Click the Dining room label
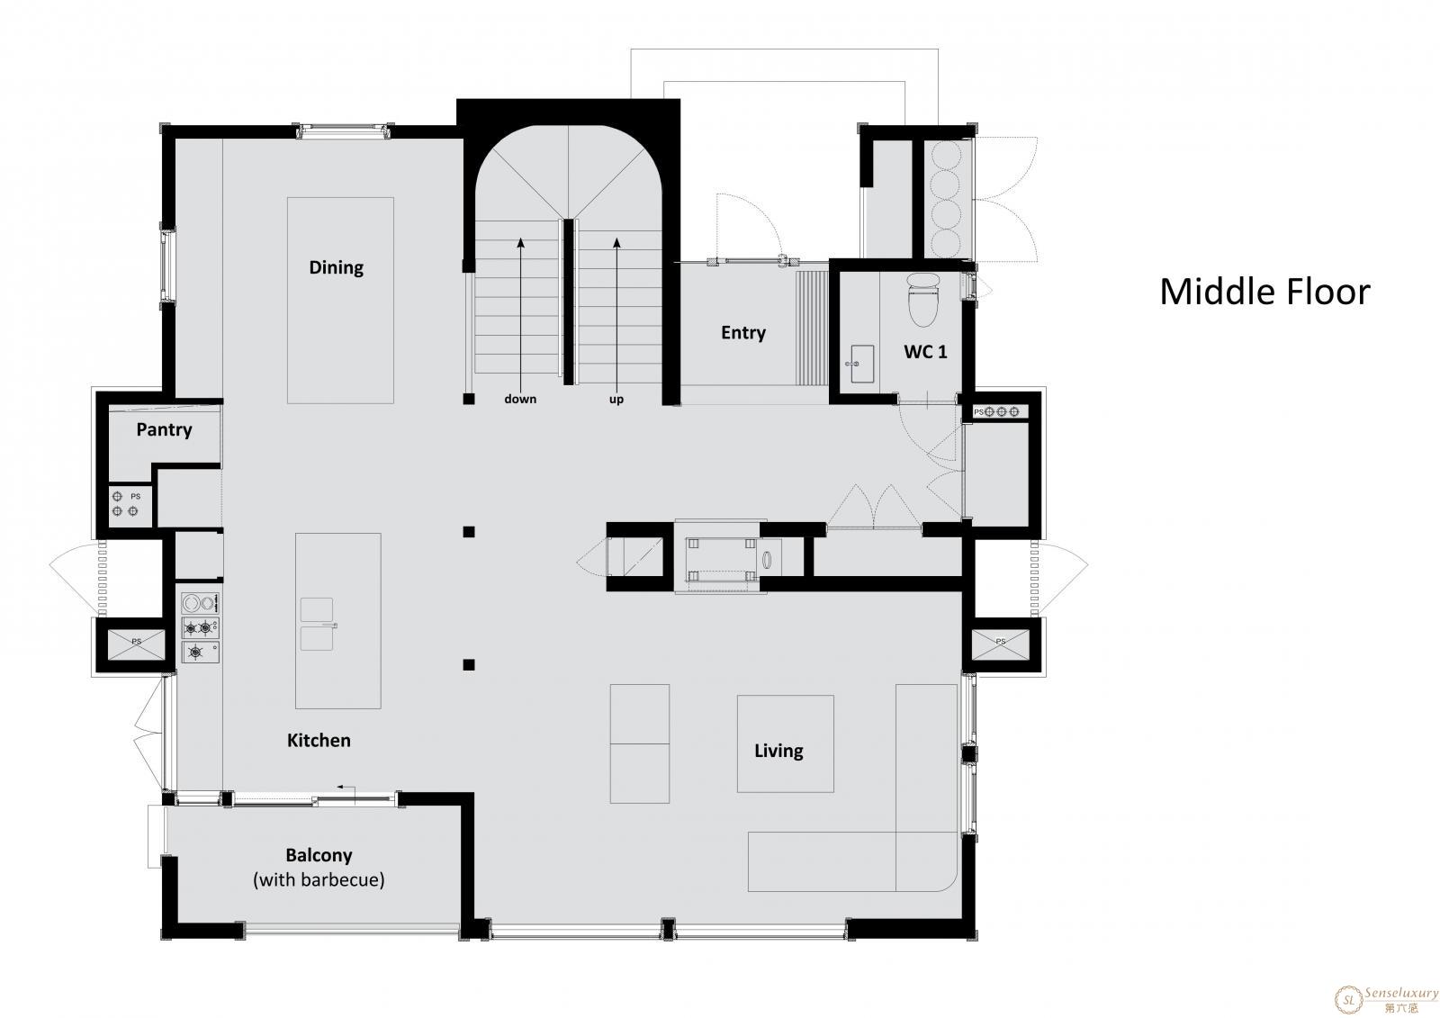pos(337,267)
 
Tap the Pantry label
pos(164,429)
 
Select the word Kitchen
pos(319,740)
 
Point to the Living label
pos(778,751)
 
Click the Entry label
pos(743,333)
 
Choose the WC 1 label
pos(925,352)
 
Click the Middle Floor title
pos(1265,292)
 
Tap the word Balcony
pos(319,855)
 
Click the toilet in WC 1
pos(923,300)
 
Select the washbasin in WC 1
pos(860,364)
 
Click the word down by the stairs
pos(520,399)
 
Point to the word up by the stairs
pos(616,400)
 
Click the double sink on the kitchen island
pos(317,624)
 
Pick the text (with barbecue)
pos(319,879)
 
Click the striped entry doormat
pos(812,328)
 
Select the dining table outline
pos(340,301)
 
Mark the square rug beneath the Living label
pos(785,743)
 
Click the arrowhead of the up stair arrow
pos(616,242)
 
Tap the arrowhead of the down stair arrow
pos(521,242)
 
